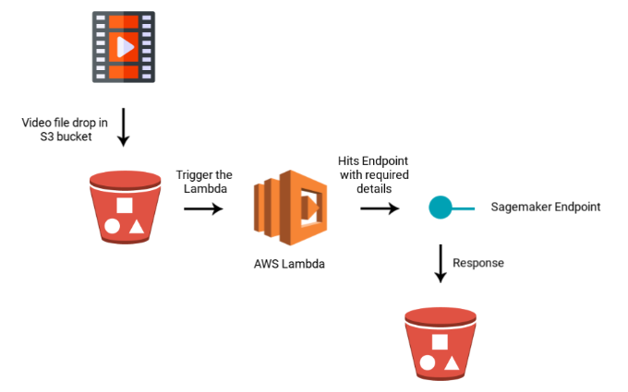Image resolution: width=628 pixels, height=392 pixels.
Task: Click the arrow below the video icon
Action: click(124, 129)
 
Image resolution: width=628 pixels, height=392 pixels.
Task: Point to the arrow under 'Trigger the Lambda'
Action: click(203, 209)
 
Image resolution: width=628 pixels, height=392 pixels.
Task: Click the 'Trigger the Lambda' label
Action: click(203, 183)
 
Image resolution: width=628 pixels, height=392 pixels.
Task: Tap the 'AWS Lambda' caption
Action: click(289, 264)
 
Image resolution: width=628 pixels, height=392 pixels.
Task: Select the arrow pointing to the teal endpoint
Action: click(380, 208)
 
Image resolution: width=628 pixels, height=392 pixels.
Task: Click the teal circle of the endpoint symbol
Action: click(439, 208)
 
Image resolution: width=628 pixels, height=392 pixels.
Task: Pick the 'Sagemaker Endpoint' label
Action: click(545, 207)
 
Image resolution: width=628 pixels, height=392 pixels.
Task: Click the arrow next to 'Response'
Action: click(440, 263)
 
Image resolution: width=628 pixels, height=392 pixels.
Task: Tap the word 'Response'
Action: click(478, 262)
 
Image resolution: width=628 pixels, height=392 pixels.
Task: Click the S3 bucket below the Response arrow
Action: click(440, 343)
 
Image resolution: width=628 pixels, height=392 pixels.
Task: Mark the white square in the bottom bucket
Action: click(441, 341)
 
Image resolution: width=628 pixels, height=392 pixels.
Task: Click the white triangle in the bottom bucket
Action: click(453, 363)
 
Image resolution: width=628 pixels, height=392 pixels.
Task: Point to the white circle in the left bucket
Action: click(112, 225)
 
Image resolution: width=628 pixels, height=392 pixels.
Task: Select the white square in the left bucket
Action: click(125, 204)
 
